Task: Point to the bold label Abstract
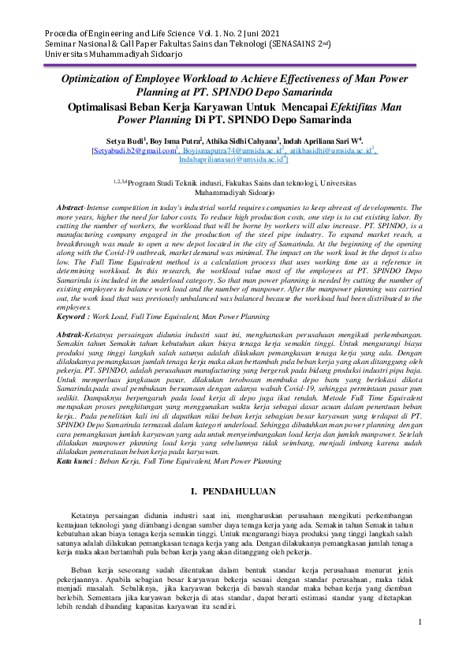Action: click(76, 206)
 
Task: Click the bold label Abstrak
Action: click(75, 336)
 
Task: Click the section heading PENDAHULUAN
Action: click(241, 491)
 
